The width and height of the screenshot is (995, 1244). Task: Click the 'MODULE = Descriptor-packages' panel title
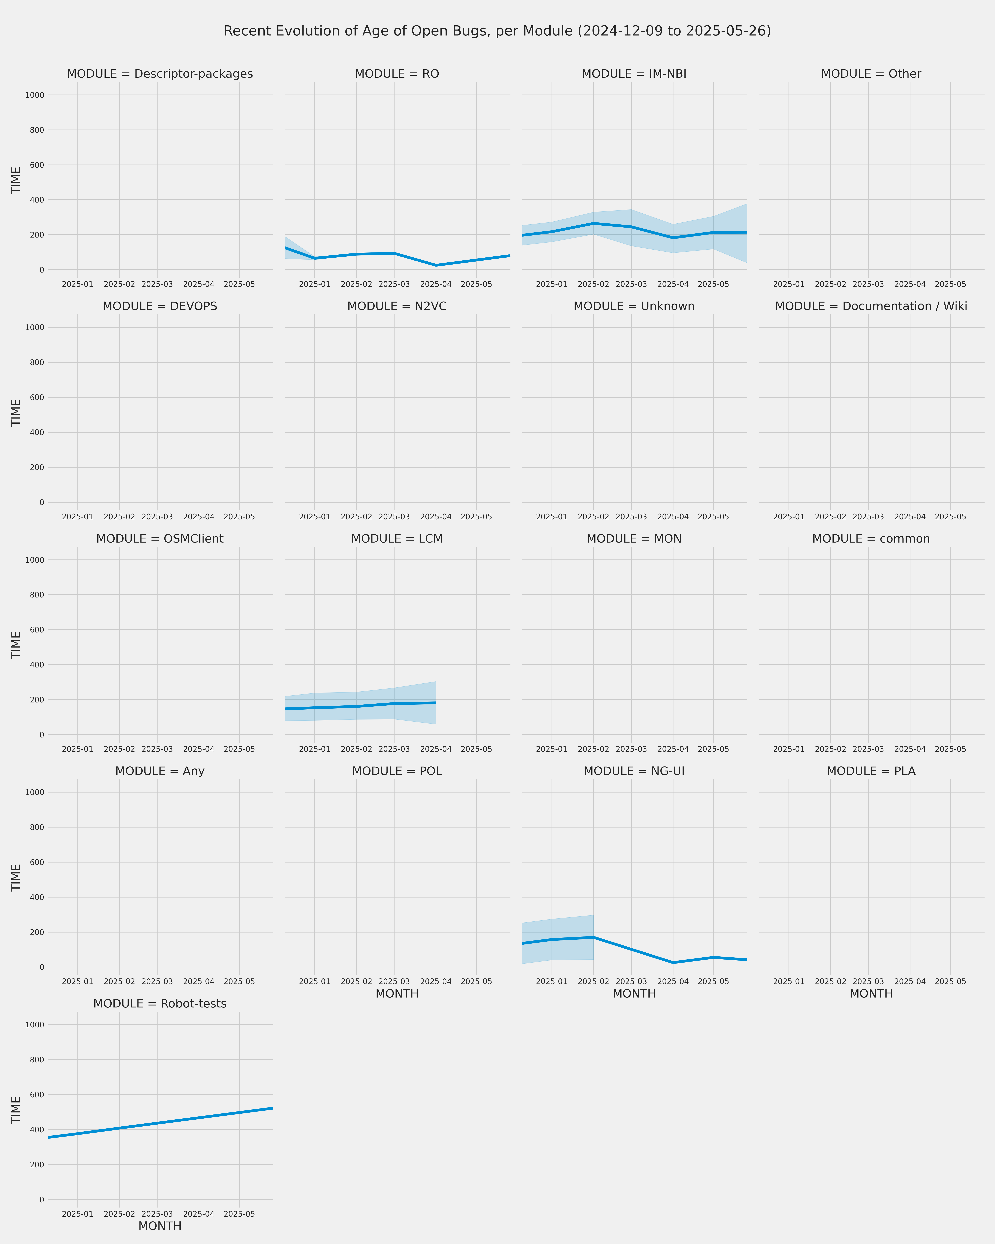click(x=160, y=74)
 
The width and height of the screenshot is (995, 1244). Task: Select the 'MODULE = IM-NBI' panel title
click(x=634, y=74)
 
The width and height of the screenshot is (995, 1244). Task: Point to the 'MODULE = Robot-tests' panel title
click(x=160, y=1003)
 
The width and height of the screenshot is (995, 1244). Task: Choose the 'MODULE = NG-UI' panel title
click(x=634, y=771)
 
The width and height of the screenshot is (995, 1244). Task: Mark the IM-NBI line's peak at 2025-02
click(x=594, y=223)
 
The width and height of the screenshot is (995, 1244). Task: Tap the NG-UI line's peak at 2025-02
click(x=594, y=937)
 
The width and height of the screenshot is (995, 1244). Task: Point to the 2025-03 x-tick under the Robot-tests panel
click(x=157, y=1214)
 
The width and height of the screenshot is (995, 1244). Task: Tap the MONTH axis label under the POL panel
click(x=397, y=994)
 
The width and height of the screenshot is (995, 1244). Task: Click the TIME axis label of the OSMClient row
click(x=16, y=645)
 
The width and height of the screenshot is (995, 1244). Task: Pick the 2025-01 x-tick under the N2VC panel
click(x=314, y=517)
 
